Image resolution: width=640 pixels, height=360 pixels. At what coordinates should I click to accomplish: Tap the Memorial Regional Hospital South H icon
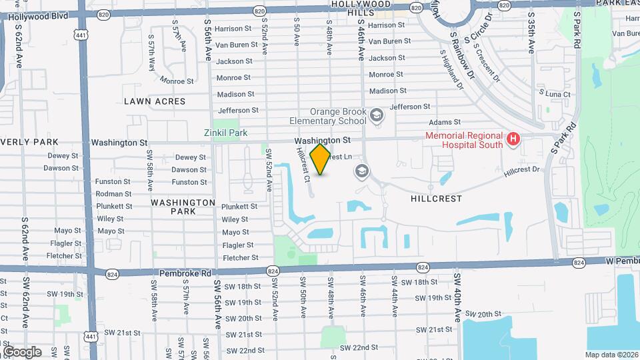pyautogui.click(x=513, y=139)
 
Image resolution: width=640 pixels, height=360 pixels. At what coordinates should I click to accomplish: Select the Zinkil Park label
pyautogui.click(x=225, y=133)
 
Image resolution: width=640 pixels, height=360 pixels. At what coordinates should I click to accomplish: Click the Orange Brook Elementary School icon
pyautogui.click(x=377, y=117)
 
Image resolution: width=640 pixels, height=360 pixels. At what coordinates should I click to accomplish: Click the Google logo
pyautogui.click(x=22, y=352)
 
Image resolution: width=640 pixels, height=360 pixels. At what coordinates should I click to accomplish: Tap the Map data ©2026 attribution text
pyautogui.click(x=611, y=355)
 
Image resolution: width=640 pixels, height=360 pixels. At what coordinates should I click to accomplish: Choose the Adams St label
pyautogui.click(x=445, y=122)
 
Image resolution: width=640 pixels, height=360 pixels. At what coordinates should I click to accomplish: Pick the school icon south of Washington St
pyautogui.click(x=362, y=171)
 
